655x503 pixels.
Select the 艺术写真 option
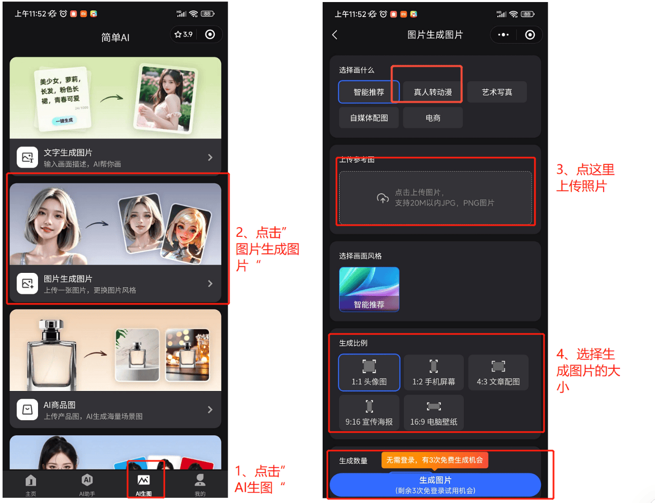(496, 91)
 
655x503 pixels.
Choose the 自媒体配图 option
(368, 118)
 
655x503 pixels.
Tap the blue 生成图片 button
(435, 484)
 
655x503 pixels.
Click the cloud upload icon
(383, 198)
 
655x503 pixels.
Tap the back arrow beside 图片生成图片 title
(334, 34)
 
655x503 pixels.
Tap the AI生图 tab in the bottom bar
(143, 485)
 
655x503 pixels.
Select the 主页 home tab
(31, 485)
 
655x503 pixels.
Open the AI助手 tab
(87, 485)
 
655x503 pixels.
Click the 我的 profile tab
(199, 485)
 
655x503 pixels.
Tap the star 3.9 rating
(183, 34)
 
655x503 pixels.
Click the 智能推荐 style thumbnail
(369, 289)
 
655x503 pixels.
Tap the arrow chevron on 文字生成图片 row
(210, 157)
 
